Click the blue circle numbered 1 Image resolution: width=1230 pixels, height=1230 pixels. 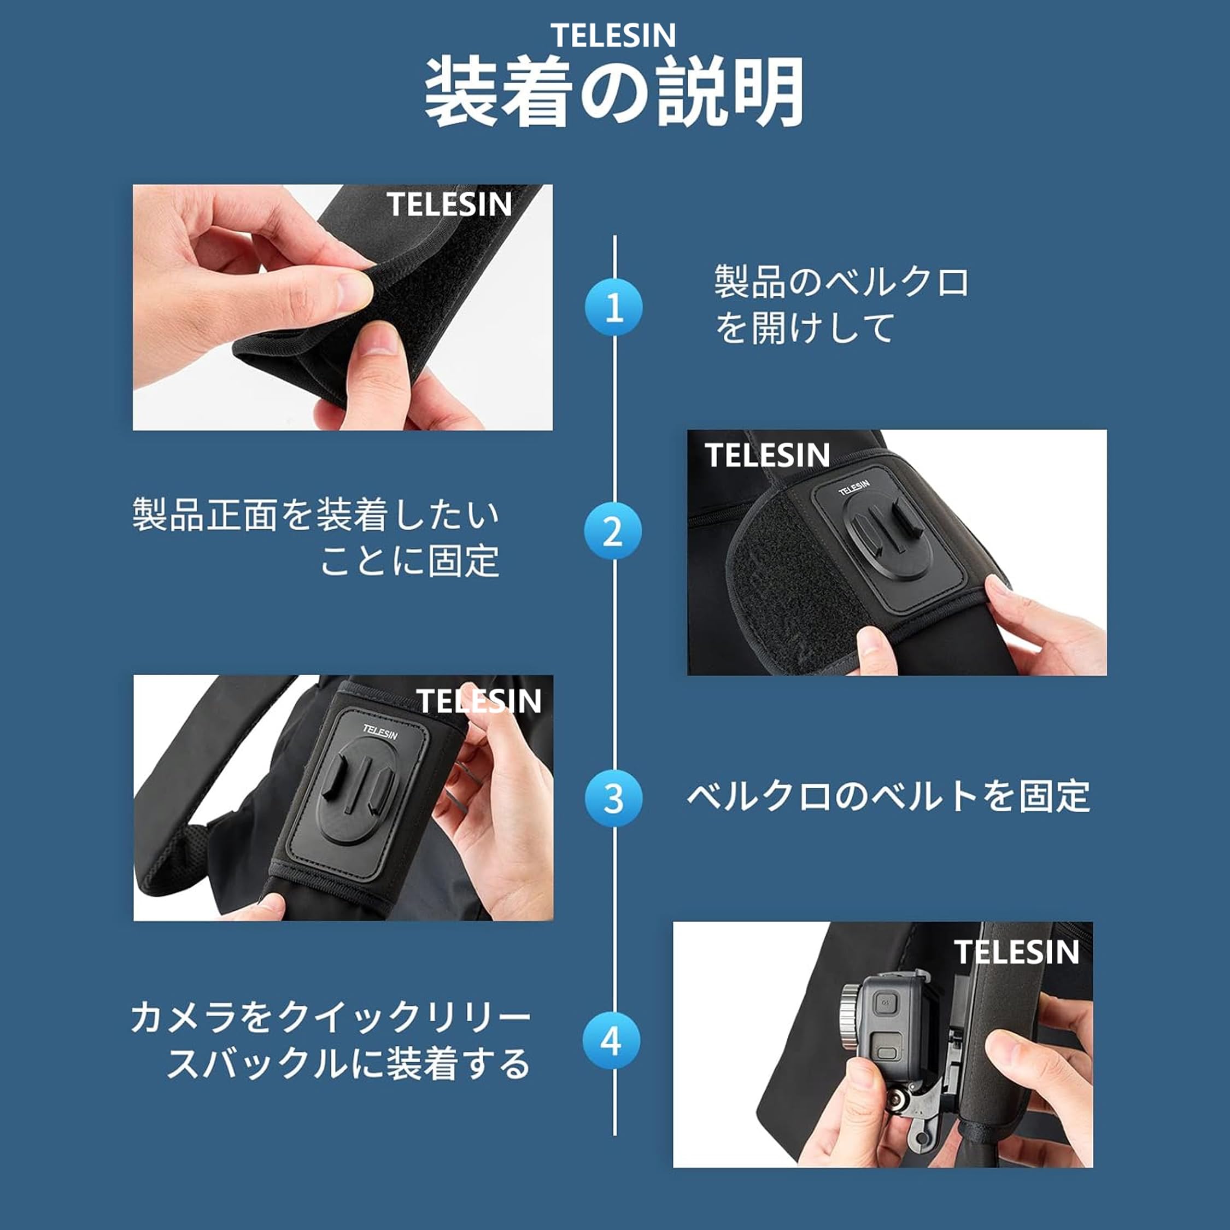point(613,307)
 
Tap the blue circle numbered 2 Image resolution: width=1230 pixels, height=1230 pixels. point(613,531)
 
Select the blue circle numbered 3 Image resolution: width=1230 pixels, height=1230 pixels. point(613,798)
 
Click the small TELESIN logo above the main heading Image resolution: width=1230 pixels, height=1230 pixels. point(613,35)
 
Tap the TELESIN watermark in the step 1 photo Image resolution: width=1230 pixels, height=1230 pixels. point(449,204)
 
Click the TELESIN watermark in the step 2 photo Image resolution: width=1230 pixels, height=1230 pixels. point(767,455)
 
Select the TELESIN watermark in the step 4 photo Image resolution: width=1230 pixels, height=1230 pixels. point(1017,952)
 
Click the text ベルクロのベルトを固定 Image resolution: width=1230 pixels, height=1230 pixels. point(888,796)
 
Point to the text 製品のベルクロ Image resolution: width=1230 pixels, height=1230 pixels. point(842,282)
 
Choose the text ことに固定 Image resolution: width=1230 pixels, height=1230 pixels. point(409,561)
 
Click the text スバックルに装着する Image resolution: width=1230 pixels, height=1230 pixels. point(348,1063)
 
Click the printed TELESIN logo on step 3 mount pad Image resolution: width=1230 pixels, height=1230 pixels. point(380,732)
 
